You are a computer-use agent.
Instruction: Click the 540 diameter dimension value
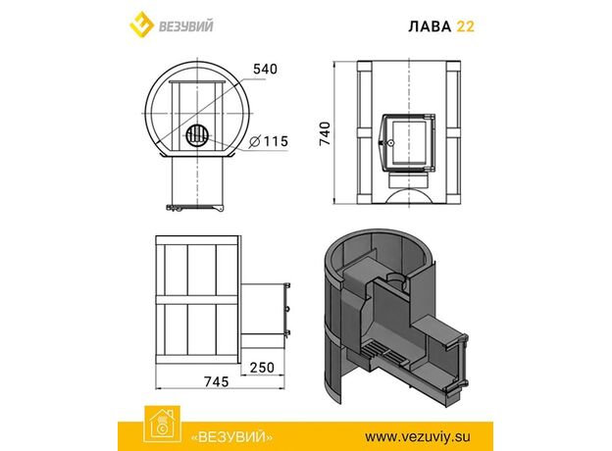(266, 69)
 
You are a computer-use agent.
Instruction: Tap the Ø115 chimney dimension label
(269, 141)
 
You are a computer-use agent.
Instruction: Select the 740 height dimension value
(325, 133)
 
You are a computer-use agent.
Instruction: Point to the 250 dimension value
(262, 367)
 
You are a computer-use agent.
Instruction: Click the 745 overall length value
(217, 381)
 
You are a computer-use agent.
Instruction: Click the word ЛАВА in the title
(430, 26)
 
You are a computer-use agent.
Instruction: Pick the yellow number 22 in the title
(466, 26)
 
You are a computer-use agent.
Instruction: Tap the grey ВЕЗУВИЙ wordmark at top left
(185, 26)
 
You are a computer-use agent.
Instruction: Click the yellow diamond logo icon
(141, 25)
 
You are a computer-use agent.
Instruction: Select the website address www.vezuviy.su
(418, 436)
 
